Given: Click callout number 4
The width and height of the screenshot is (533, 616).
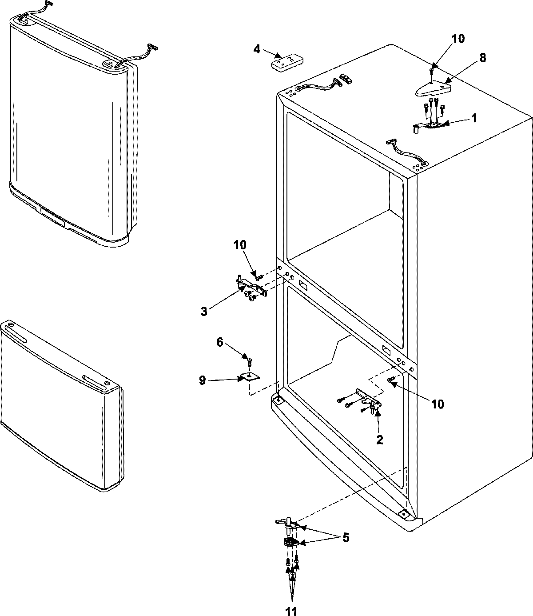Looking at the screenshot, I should coord(257,49).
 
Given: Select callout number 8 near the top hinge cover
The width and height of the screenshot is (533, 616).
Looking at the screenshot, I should coord(470,58).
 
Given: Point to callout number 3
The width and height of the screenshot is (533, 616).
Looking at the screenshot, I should coord(204,312).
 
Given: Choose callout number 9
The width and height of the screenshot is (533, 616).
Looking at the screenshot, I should coord(202,381).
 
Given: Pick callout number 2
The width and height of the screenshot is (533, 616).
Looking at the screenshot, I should coord(380,440).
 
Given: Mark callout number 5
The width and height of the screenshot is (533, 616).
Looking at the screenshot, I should coord(346,538).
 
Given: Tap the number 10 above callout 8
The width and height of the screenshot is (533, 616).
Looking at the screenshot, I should coord(458,39).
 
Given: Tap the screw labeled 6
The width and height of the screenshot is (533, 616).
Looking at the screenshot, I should coord(250,360).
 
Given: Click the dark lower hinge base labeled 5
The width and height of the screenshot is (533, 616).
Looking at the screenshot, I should coord(290,543).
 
